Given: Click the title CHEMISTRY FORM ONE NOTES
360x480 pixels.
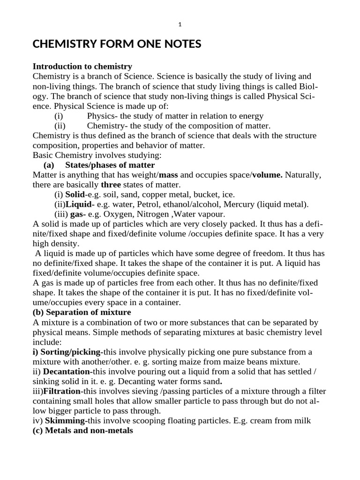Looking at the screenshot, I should (x=117, y=45).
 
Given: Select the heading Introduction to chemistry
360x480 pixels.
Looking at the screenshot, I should (x=82, y=66).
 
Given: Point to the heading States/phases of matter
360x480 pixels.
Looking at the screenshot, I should (x=110, y=165).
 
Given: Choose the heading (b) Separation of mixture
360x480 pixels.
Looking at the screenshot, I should (x=82, y=312).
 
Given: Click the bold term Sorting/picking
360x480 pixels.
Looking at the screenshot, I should (x=71, y=352).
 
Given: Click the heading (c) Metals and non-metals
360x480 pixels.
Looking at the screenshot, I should (x=83, y=430).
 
